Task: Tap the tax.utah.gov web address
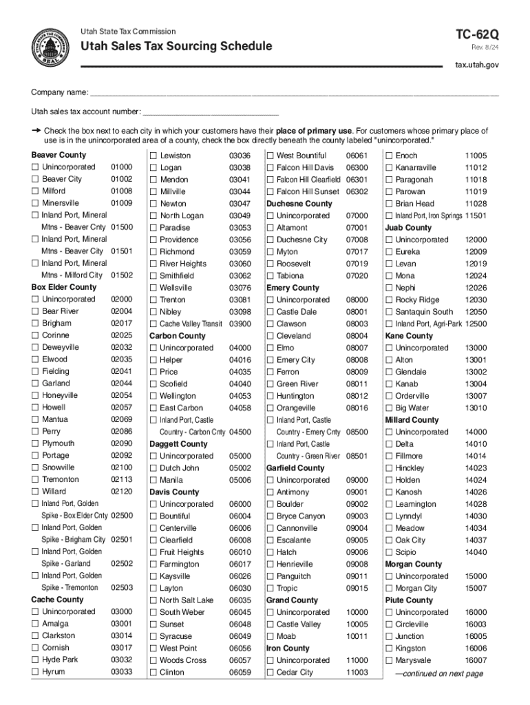coord(477,65)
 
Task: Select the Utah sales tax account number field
coord(210,112)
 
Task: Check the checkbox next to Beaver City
coord(34,179)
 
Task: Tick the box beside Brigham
coord(34,324)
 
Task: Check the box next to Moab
coord(270,636)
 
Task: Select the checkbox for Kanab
coord(389,384)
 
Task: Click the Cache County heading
coord(57,600)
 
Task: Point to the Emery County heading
coord(293,288)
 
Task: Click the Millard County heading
coord(412,420)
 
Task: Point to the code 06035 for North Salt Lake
coord(240,600)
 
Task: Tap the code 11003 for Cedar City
coord(357,672)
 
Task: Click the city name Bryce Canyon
coord(301,516)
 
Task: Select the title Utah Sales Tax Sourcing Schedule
coord(176,47)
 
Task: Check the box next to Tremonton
coord(34,480)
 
